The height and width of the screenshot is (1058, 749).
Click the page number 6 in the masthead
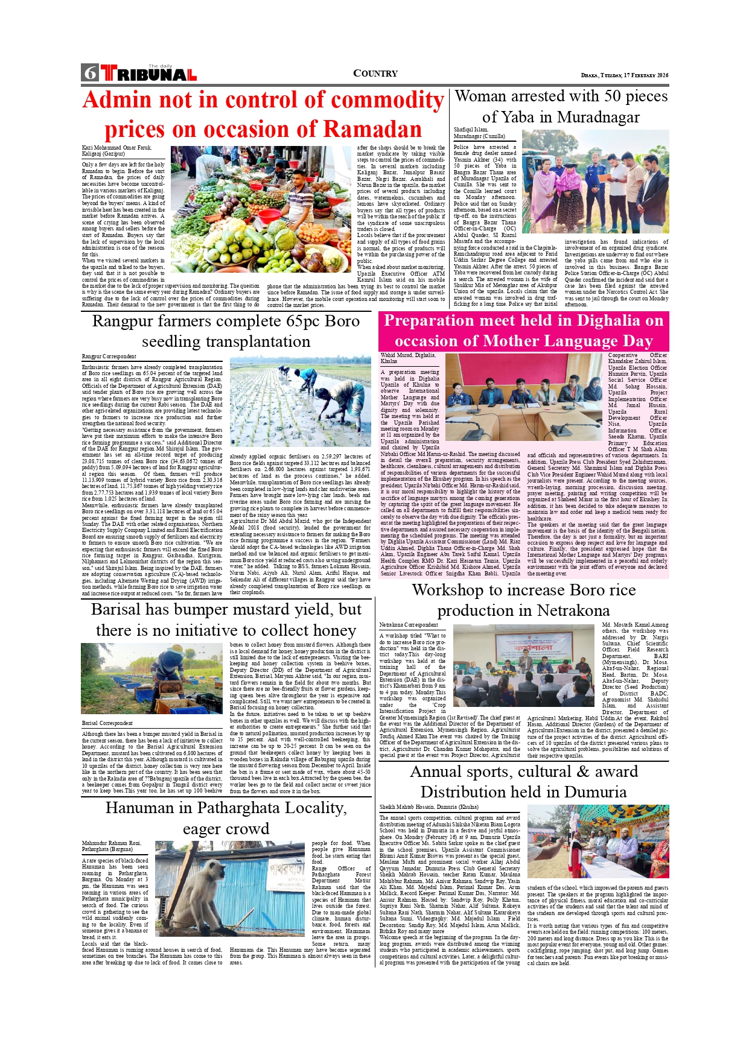click(91, 73)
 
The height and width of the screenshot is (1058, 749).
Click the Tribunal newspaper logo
click(149, 74)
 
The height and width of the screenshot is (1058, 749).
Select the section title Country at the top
click(375, 74)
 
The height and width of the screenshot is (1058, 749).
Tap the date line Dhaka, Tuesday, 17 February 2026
click(625, 75)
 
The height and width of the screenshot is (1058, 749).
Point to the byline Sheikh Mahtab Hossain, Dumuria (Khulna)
click(429, 807)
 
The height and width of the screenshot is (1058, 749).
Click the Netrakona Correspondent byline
click(409, 625)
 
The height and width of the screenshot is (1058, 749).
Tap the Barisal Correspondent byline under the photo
click(107, 723)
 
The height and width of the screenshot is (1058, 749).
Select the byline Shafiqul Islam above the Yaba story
click(471, 130)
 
